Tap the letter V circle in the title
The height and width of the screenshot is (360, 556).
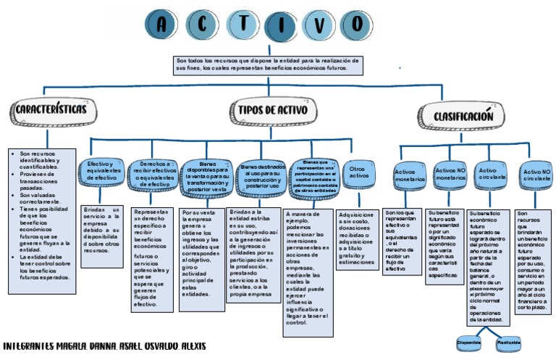point(320,24)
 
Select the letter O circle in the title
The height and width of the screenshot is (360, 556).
point(357,24)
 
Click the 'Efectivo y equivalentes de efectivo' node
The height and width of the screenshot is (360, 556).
point(101,172)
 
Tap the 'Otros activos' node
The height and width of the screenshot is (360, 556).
point(359,172)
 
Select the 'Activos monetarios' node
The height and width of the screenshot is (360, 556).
point(410,175)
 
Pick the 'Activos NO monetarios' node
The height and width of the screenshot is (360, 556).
point(450,173)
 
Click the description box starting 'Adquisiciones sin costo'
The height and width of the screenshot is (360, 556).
point(356,239)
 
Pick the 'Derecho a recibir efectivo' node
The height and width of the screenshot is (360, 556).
point(153,174)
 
